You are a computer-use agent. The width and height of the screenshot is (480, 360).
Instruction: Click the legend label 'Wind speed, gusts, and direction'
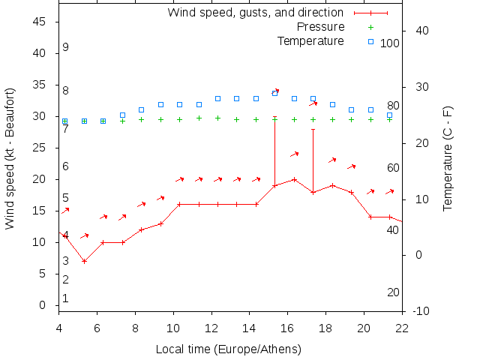[255, 13]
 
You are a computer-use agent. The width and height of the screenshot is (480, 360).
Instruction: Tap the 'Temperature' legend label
[310, 41]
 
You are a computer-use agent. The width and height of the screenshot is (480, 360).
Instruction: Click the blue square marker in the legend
[370, 41]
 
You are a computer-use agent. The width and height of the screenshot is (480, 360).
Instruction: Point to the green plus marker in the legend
[370, 27]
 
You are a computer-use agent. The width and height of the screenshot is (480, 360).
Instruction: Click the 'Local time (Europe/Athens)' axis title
[228, 349]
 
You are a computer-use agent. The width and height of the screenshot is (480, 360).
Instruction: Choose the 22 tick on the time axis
[402, 327]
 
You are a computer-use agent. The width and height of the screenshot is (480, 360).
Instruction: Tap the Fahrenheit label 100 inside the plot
[390, 43]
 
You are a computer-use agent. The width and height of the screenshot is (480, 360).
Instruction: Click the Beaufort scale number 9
[66, 47]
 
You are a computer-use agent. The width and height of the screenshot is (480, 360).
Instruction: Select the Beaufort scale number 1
[66, 298]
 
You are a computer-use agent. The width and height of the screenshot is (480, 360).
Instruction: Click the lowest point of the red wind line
[84, 261]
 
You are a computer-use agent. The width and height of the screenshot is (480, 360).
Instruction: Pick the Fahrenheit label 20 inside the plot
[393, 292]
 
